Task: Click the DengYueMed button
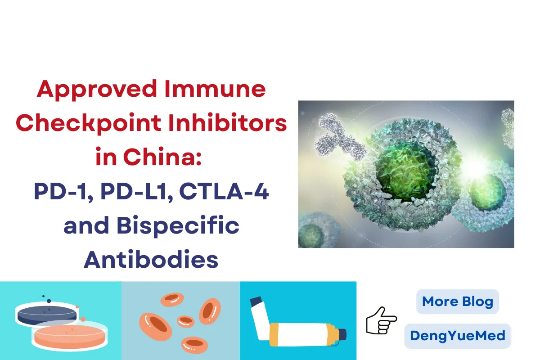(x=458, y=336)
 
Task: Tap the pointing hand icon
(x=381, y=320)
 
